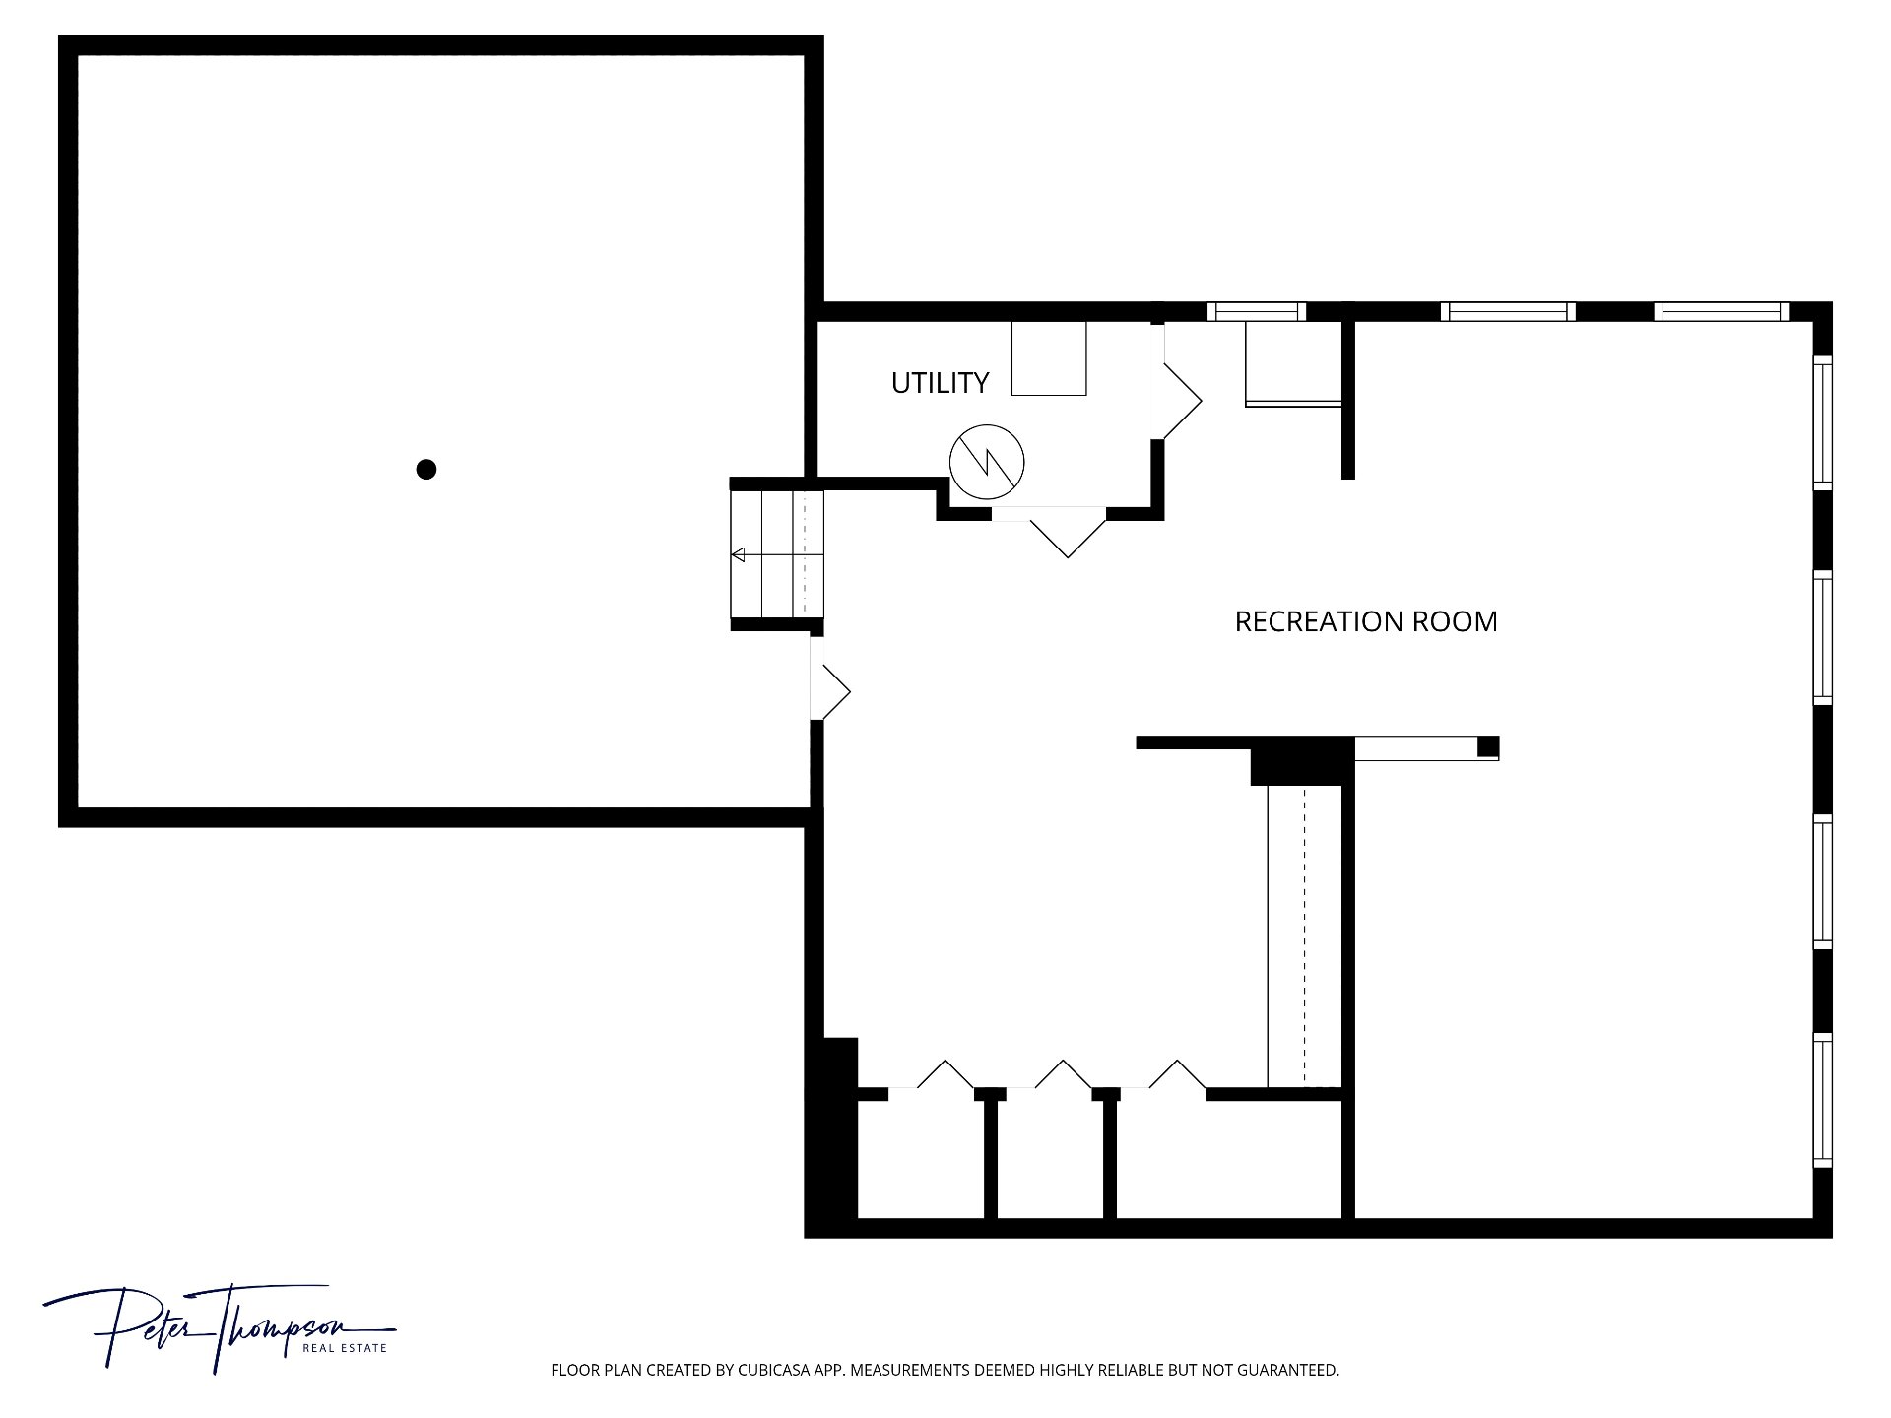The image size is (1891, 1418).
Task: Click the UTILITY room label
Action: click(940, 382)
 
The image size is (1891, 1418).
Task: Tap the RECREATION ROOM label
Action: click(1366, 621)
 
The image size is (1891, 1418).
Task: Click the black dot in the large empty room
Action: click(426, 470)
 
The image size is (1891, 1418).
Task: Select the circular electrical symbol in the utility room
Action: click(987, 462)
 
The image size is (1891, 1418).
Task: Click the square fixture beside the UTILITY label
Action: click(1049, 358)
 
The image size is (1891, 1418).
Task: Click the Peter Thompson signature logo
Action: click(219, 1327)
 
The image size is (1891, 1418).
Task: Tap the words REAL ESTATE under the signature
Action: click(344, 1348)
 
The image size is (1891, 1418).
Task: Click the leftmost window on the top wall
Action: click(1257, 312)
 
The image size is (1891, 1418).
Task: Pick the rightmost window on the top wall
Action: click(1721, 312)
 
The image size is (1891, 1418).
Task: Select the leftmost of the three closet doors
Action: click(932, 1076)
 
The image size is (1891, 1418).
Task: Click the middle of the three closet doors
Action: click(1050, 1076)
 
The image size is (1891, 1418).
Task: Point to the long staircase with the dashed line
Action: click(1304, 936)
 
